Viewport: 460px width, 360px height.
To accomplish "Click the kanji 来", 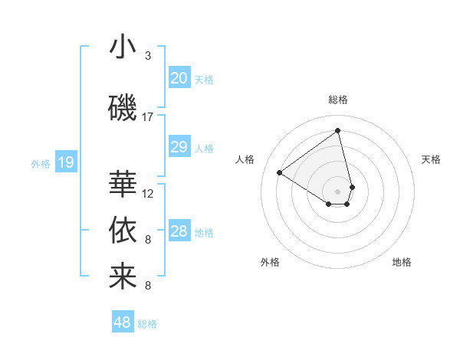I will (x=123, y=277).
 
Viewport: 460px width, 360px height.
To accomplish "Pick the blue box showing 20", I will (x=179, y=78).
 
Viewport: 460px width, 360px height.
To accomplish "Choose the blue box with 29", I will (x=179, y=147).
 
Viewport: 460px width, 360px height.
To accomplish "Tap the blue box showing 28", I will (x=179, y=231).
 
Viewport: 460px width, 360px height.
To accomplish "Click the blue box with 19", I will (x=65, y=162).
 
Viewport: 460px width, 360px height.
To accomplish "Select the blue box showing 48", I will (x=123, y=322).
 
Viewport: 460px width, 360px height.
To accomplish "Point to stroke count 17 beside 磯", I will (x=148, y=117).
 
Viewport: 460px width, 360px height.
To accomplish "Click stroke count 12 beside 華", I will (x=148, y=194).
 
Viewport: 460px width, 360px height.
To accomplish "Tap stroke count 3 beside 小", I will (x=148, y=56).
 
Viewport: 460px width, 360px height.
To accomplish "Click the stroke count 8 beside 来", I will (x=148, y=286).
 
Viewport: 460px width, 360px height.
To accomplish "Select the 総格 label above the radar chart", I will (x=338, y=100).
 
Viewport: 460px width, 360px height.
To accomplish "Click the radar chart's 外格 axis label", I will (x=270, y=263).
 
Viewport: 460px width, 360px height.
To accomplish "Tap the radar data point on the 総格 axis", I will (x=338, y=130).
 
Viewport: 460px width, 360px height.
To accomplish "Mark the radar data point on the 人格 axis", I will (x=280, y=173).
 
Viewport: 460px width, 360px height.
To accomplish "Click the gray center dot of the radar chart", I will (x=338, y=191).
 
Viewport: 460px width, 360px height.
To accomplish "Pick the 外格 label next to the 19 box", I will (x=40, y=163).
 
